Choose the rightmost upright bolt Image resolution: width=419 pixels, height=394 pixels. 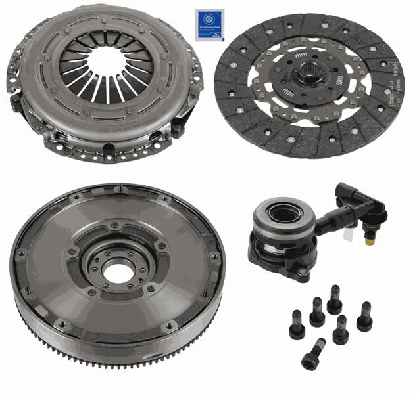pos(364,317)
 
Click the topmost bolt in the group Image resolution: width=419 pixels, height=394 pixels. pos(335,299)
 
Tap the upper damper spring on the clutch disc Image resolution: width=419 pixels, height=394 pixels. pos(301,50)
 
